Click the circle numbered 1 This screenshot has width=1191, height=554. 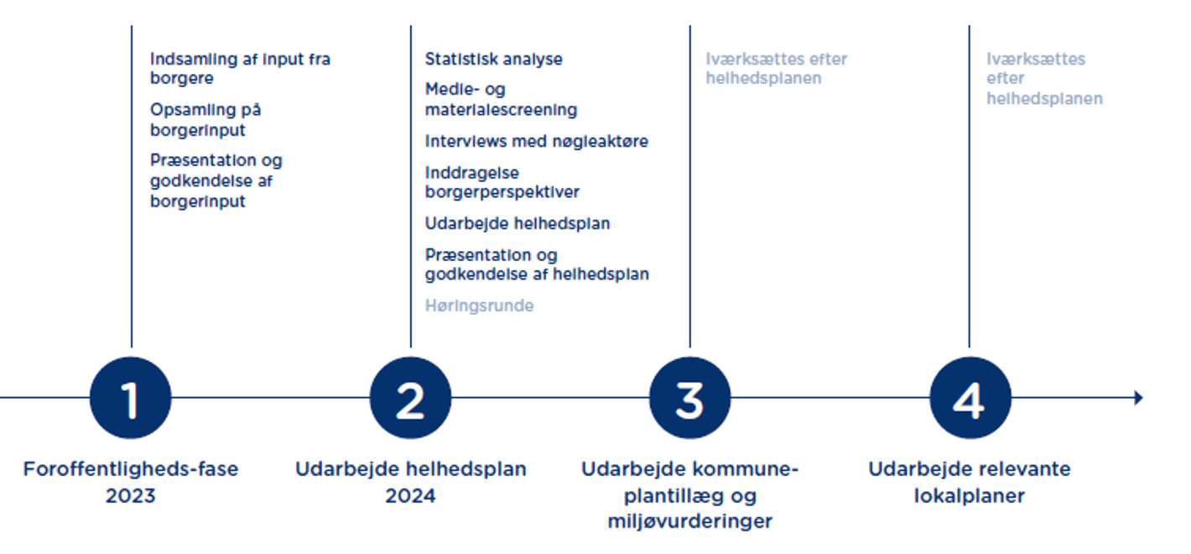[x=131, y=398]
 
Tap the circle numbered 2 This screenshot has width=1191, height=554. [x=410, y=398]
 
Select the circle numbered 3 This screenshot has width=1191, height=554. [x=689, y=398]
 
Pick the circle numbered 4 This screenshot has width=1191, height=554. [x=970, y=398]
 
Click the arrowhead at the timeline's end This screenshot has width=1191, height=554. [x=1137, y=398]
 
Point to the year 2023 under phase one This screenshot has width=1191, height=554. [x=130, y=496]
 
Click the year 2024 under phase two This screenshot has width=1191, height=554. [x=410, y=496]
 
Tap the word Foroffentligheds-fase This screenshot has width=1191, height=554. [x=130, y=468]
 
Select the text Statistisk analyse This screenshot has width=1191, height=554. [x=493, y=60]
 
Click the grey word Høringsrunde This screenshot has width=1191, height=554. [x=479, y=306]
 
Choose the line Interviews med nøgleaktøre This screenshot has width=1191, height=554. [x=536, y=141]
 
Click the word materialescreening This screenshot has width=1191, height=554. [x=501, y=109]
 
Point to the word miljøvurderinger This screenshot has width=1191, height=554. [x=689, y=521]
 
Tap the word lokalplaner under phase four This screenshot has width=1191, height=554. [x=970, y=496]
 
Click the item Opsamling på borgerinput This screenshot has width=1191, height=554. [x=205, y=120]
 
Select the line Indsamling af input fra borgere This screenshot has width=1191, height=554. [x=240, y=69]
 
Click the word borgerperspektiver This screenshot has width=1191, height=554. [x=502, y=191]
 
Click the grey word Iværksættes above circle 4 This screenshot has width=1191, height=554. [x=1035, y=60]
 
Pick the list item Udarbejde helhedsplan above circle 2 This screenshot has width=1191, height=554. [x=517, y=223]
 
